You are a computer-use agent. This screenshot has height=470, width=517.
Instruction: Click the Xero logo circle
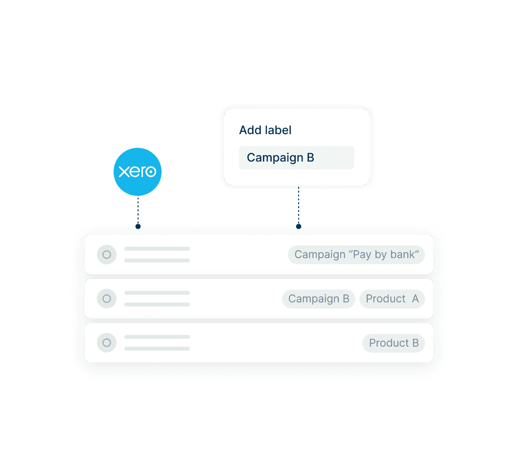tap(138, 172)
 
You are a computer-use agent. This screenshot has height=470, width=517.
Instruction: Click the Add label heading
tap(265, 130)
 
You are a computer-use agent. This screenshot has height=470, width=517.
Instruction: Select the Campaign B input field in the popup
tap(296, 158)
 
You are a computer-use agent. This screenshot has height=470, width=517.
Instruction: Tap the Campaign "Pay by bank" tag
tap(356, 255)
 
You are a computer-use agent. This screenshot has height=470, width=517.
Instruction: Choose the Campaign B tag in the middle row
tap(318, 299)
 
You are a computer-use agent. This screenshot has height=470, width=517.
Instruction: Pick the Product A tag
tap(392, 299)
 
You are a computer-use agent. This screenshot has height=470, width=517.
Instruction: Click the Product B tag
tap(393, 343)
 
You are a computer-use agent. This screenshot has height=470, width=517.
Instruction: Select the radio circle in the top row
tap(107, 255)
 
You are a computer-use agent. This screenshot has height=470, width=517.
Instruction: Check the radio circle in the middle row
tap(107, 299)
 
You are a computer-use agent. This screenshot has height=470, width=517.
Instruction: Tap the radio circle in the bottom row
tap(107, 343)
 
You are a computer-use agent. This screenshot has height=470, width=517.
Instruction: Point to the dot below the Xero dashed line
tap(138, 226)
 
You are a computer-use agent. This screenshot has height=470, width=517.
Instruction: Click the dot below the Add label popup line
tap(298, 226)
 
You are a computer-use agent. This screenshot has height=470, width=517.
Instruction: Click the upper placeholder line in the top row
tap(157, 249)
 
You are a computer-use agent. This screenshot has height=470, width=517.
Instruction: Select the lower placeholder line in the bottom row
tap(157, 349)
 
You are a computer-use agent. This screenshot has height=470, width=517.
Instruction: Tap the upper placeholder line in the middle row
tap(157, 293)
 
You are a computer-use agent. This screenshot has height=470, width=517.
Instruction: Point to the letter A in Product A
tap(415, 299)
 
